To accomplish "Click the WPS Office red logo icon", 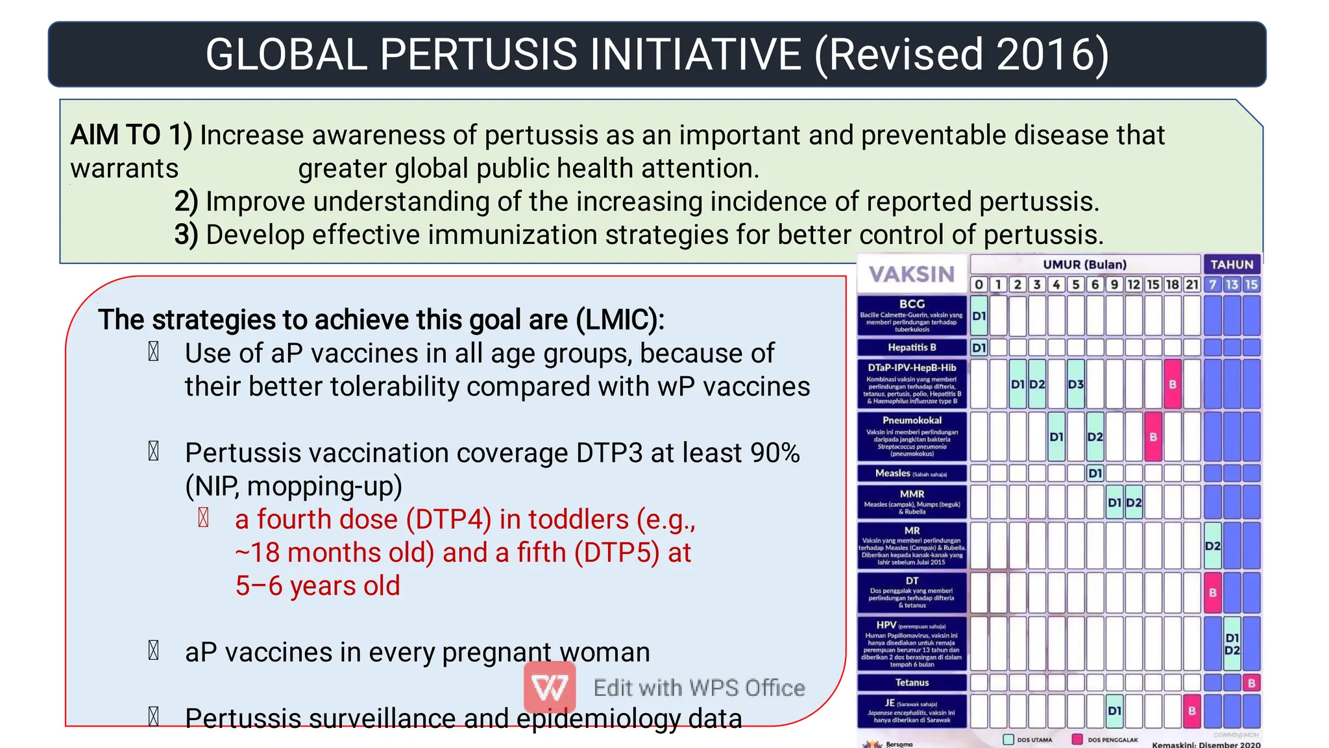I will point(550,687).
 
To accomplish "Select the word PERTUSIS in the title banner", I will point(478,54).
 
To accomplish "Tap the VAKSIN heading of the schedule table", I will point(912,274).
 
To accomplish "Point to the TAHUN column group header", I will point(1232,265).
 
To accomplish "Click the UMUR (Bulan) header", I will point(1084,265).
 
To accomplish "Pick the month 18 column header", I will point(1172,285).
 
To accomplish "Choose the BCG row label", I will point(912,304).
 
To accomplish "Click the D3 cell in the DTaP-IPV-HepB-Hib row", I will point(1075,384).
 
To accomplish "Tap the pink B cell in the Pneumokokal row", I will point(1153,437).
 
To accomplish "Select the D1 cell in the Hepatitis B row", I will point(979,348).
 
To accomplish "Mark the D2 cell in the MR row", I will point(1212,546).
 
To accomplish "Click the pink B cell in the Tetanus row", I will point(1251,683).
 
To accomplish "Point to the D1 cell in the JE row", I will point(1114,711).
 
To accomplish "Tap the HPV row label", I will point(886,625).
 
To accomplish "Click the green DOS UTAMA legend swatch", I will point(1008,740).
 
